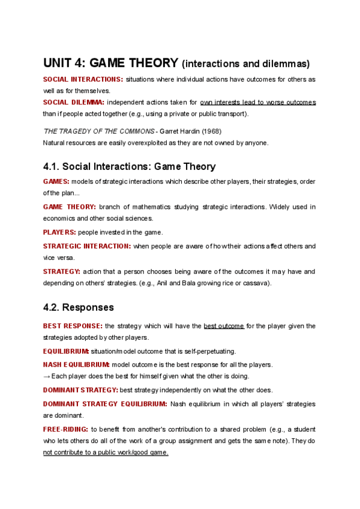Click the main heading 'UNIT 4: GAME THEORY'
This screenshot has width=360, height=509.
pos(111,62)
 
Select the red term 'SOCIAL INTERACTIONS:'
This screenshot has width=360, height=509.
pos(83,79)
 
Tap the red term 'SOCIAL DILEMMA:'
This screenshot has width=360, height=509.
pos(73,102)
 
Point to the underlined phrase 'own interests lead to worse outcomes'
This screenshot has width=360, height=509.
pos(257,102)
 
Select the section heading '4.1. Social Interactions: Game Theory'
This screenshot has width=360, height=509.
pos(129,166)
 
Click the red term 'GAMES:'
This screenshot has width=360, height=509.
pos(56,181)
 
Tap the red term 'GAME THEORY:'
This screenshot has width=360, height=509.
pos(69,207)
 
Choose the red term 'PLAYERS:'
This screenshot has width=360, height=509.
pos(59,232)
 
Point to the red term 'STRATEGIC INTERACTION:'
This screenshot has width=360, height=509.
pos(86,246)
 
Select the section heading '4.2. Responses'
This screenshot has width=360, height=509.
pos(78,307)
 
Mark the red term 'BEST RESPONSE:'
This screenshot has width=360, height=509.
pos(72,326)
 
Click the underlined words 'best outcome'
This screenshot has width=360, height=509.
pos(223,326)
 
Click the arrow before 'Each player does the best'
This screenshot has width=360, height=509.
pos(47,376)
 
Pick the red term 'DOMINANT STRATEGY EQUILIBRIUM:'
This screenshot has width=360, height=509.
pos(105,404)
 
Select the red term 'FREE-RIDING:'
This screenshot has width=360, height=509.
pos(65,429)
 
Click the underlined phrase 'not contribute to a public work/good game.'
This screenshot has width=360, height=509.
pos(106,453)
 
